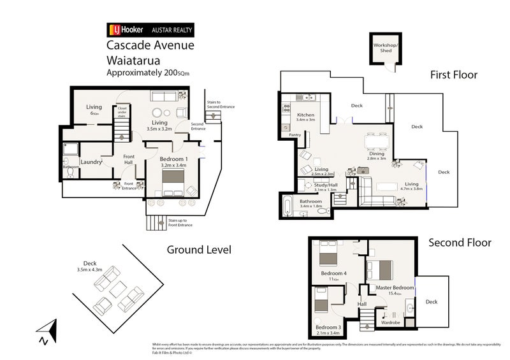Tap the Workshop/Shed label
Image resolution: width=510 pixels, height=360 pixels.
pos(386,49)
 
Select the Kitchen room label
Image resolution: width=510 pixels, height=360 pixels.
pos(306,115)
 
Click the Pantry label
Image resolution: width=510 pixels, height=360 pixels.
pos(294,135)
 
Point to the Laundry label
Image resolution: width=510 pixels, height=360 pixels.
pos(91,162)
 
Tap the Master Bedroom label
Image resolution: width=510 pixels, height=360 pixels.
pos(395,287)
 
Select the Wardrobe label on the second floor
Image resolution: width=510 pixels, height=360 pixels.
pos(390,322)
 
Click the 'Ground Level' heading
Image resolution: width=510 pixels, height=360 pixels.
pos(199,249)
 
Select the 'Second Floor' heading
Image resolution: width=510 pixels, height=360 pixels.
pos(460,242)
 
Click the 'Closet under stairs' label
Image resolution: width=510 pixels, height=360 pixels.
pos(122,113)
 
